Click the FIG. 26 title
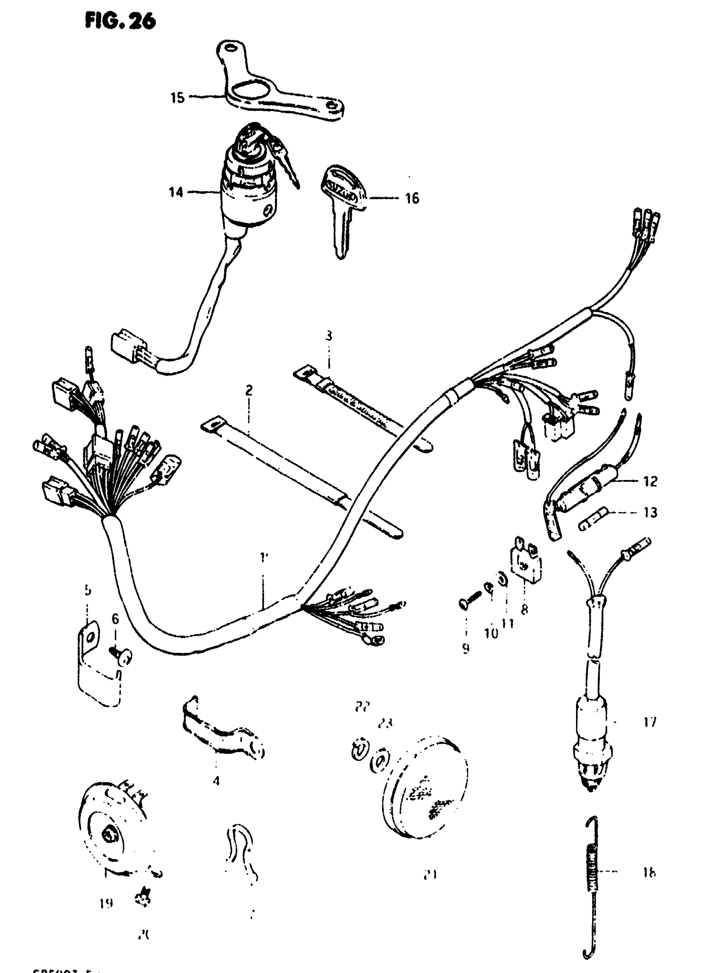120,21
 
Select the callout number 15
177,98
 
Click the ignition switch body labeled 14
249,196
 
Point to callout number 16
412,198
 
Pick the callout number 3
329,336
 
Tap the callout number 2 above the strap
249,390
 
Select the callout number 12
650,481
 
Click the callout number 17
649,722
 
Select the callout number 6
115,619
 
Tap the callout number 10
491,633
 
